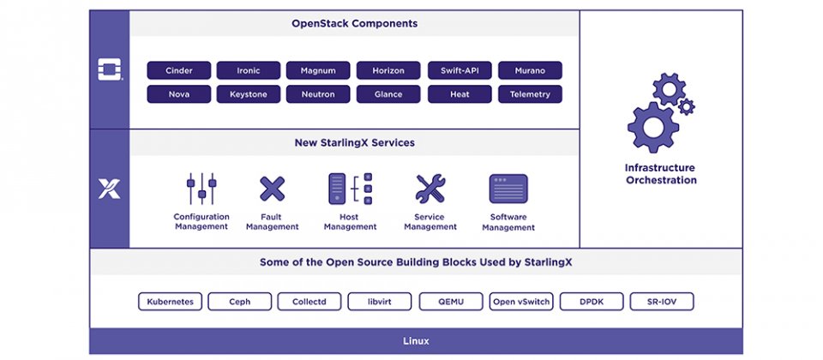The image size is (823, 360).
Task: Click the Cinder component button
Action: pos(179,70)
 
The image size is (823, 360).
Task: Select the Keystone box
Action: pos(249,94)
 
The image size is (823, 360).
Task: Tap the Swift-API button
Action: pos(460,70)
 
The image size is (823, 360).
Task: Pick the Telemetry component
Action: pos(530,94)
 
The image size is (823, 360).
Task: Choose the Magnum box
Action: pos(318,70)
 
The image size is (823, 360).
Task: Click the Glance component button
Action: pos(388,94)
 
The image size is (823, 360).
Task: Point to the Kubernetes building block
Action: pos(170,302)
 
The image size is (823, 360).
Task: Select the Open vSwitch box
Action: pos(521,302)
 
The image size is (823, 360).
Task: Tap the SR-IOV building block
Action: pos(662,302)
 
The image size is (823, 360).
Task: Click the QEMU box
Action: pos(451,302)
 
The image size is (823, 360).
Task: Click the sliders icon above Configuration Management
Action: pos(201,189)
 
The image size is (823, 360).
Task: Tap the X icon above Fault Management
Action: pos(273,189)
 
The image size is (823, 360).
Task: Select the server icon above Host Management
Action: pos(350,189)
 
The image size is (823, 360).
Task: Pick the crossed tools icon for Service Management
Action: pos(430,189)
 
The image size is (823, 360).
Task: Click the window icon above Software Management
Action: pos(508,189)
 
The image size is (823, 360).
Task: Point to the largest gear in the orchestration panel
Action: pos(653,127)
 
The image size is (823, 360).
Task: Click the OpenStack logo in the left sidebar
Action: pos(110,69)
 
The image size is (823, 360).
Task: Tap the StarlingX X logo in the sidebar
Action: pos(109,189)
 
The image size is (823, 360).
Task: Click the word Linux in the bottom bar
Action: pos(417,341)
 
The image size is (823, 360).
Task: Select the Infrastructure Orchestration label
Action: pos(661,174)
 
